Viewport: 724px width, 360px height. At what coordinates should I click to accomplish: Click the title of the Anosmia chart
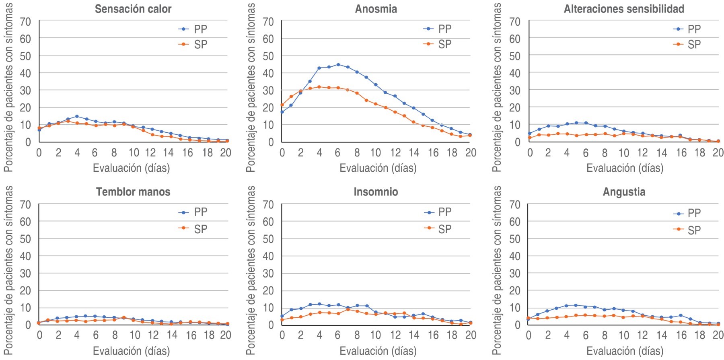pos(376,9)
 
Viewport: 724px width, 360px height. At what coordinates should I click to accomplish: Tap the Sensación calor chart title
pos(133,9)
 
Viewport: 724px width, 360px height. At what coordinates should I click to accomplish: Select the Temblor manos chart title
pos(133,192)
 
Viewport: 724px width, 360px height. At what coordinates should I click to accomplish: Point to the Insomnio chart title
pos(376,192)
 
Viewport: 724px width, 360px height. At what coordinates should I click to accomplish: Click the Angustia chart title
pos(624,192)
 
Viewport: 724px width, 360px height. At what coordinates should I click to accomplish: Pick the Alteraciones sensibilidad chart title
pos(624,9)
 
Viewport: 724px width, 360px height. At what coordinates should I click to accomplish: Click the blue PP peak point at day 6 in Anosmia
pos(338,64)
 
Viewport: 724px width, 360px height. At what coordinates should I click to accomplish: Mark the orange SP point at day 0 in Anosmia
pos(282,105)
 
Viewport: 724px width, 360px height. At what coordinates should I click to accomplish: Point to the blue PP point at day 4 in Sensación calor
pos(77,116)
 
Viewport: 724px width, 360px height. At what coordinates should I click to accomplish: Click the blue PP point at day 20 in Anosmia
pos(470,135)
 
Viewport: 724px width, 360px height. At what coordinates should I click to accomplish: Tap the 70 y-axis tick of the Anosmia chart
pos(268,22)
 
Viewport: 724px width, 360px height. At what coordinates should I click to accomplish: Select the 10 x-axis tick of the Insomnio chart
pos(375,335)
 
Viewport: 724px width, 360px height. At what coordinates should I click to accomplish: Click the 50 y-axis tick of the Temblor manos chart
pos(25,239)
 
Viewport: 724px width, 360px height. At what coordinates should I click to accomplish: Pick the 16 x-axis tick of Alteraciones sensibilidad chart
pos(681,153)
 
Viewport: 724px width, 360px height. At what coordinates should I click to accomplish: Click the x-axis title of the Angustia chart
pos(625,351)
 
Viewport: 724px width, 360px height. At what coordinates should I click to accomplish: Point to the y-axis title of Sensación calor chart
pos(8,87)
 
